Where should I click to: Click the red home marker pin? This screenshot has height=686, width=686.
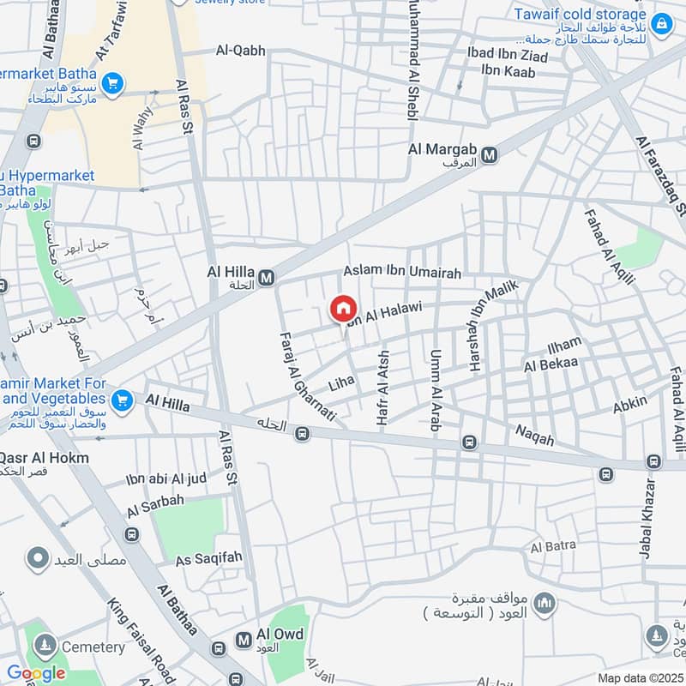point(342,308)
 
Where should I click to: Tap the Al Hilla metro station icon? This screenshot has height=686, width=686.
point(267,277)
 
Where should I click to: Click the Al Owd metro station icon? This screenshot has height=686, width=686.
point(244,640)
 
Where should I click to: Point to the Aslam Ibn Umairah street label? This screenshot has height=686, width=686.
point(402,272)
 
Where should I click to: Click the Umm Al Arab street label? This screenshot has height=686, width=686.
point(435,386)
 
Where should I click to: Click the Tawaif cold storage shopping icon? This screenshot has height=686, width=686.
point(660,23)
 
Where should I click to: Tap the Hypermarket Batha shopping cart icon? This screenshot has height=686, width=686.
point(111,84)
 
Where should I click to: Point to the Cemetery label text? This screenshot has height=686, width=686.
point(95,647)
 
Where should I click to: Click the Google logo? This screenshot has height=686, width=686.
point(36,673)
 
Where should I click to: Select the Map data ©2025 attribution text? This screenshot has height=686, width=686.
point(640,677)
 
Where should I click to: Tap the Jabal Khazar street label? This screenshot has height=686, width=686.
point(648,519)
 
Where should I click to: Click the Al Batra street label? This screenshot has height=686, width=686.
point(553,546)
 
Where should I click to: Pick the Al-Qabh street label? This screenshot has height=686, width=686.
point(241,51)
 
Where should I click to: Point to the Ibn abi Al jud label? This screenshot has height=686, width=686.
point(166,478)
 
